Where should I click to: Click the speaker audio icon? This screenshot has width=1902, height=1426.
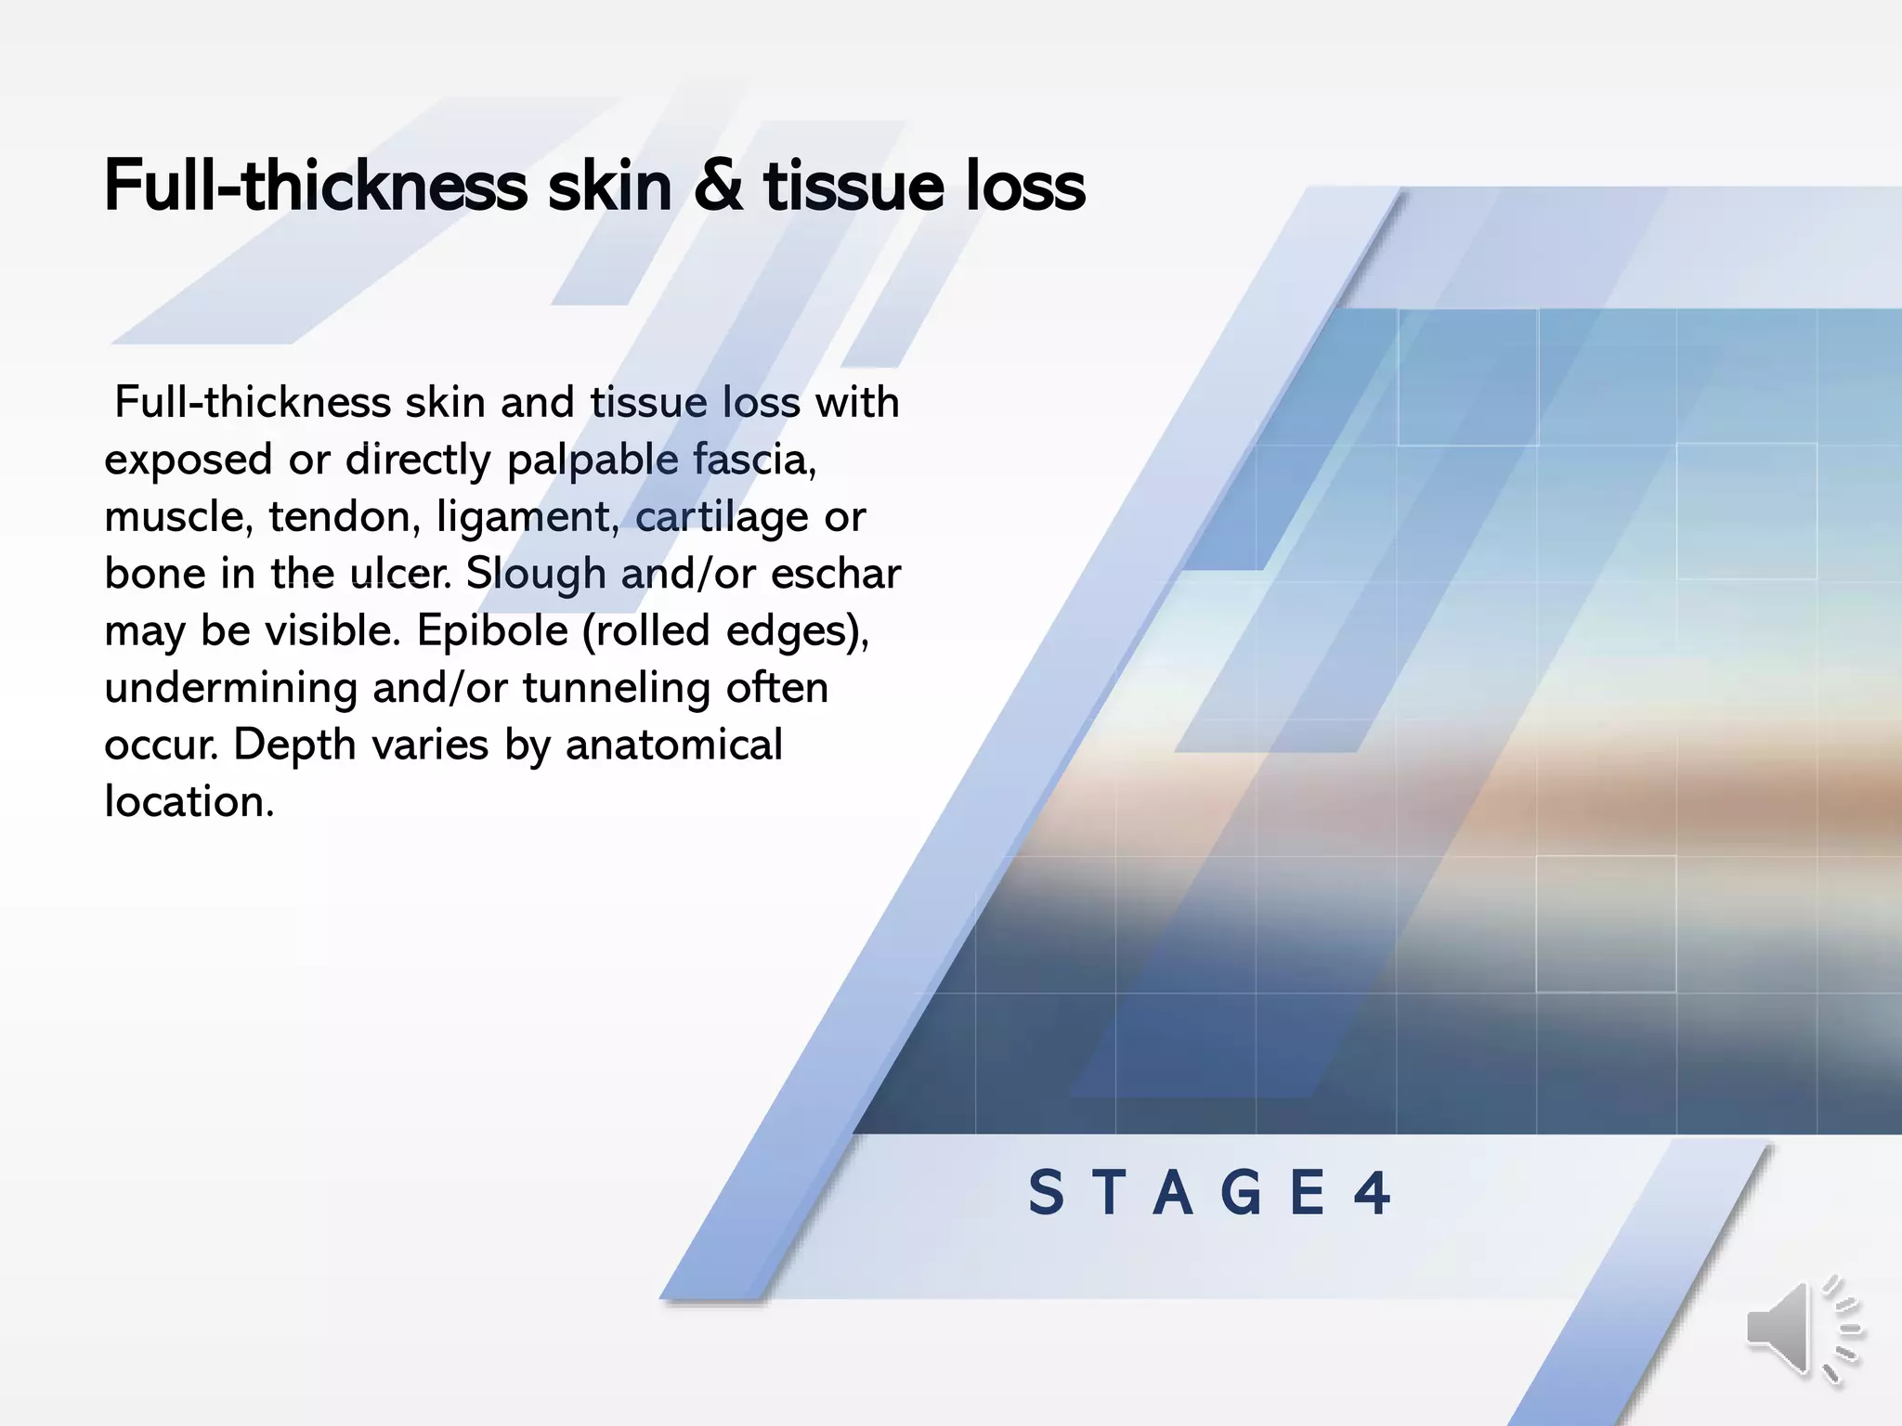[x=1802, y=1330]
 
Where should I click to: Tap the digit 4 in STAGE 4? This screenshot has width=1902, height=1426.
[x=1372, y=1193]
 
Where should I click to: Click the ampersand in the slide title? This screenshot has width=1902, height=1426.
[x=718, y=186]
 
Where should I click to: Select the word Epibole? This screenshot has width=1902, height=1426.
[x=492, y=631]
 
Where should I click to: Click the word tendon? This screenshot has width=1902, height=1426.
[x=339, y=517]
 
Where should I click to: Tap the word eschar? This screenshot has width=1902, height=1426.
[x=835, y=574]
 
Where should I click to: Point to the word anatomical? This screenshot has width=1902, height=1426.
[x=674, y=745]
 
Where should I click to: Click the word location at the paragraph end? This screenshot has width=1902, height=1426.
[x=189, y=801]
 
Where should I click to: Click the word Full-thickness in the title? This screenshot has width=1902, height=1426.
[x=316, y=186]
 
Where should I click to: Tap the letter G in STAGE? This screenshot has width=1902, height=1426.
[x=1241, y=1193]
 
